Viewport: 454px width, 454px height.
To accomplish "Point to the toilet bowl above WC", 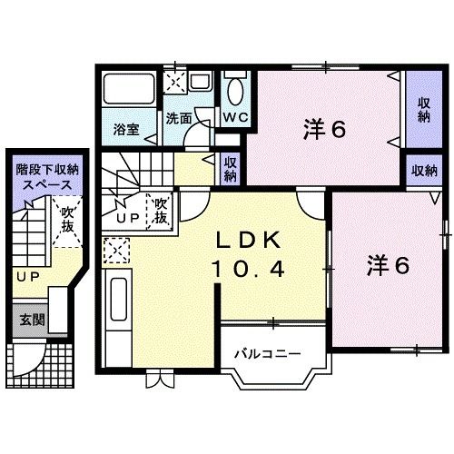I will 234,91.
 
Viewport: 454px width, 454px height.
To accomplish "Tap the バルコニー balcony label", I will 265,351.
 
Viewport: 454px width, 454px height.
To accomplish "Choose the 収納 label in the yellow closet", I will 232,169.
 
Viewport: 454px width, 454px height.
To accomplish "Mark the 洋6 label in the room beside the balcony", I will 388,265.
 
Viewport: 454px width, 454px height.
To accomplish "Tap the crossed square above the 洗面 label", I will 174,83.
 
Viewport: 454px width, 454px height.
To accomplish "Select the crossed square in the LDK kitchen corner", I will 115,248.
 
